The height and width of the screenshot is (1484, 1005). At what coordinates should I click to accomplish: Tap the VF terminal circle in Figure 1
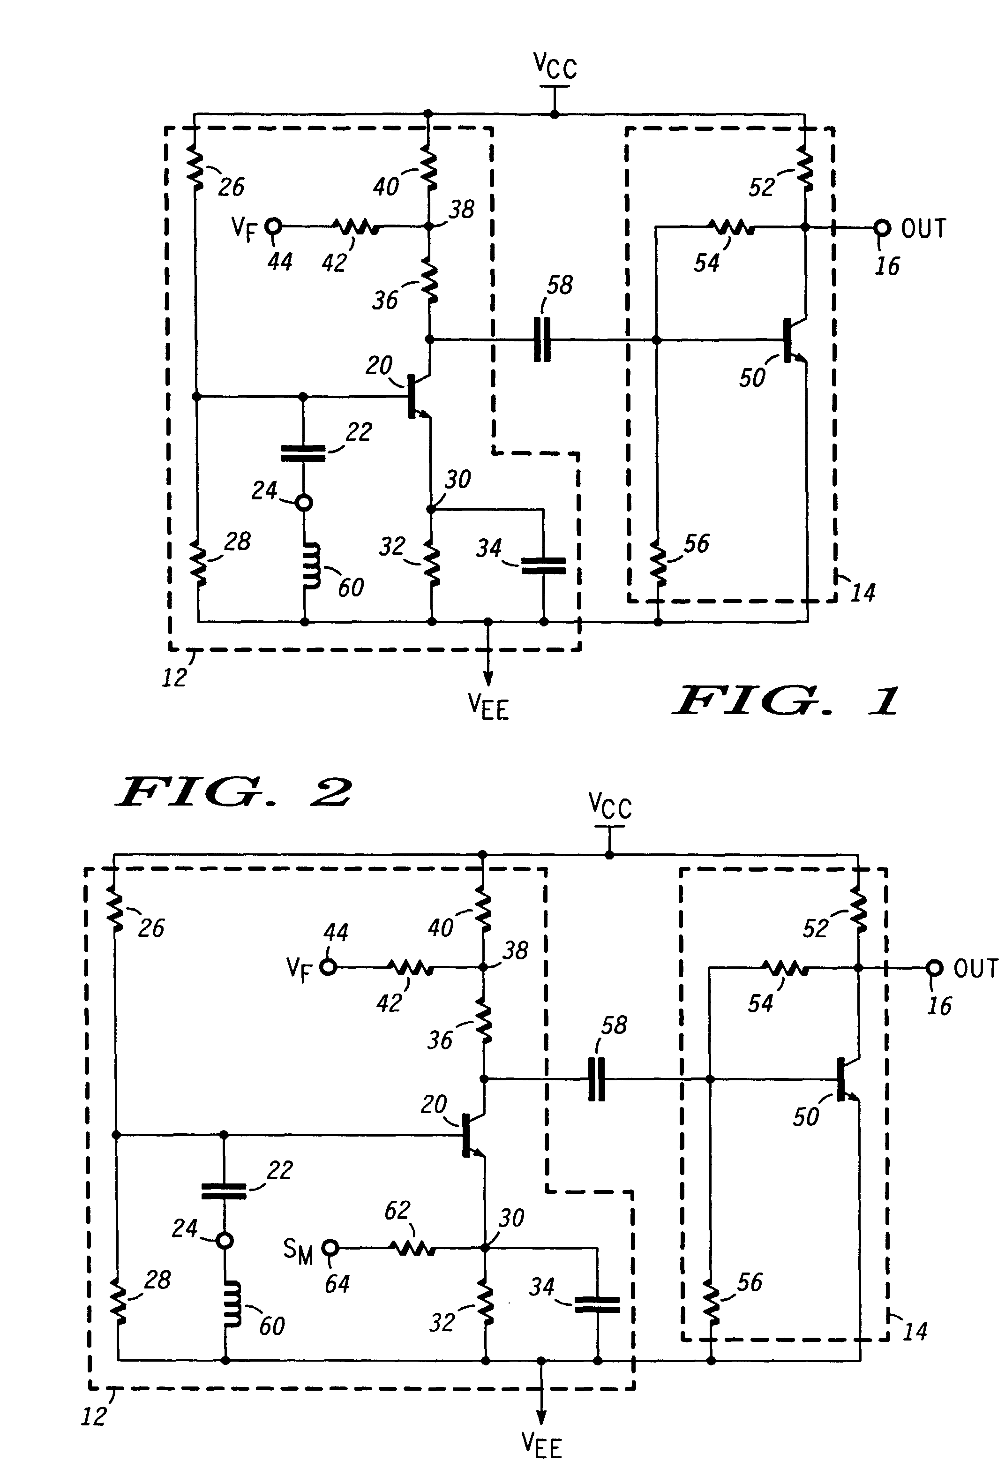[274, 226]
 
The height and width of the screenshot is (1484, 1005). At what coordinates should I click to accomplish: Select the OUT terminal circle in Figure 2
[934, 968]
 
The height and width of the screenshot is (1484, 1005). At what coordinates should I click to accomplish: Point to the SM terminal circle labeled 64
[330, 1247]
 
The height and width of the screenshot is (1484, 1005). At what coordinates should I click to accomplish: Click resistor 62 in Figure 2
[413, 1247]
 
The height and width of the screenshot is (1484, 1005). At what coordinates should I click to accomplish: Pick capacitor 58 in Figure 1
[542, 340]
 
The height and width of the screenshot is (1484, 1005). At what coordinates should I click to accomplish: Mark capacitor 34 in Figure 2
[598, 1304]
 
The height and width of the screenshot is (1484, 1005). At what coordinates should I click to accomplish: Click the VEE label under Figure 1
[488, 707]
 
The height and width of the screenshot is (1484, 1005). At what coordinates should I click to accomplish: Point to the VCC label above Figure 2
[610, 806]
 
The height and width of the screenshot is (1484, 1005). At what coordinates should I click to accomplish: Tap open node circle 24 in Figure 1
[305, 503]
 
